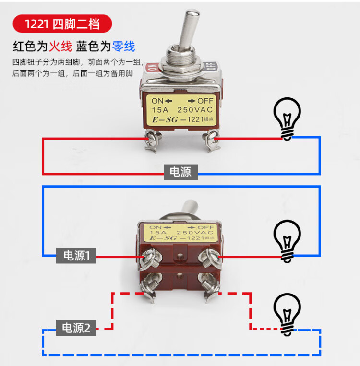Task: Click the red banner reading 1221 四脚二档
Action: point(62,23)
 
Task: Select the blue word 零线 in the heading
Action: point(123,47)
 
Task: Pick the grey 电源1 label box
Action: point(76,256)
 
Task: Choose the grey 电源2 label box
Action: point(76,328)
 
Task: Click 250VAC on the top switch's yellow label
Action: point(197,110)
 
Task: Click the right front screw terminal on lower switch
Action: point(210,256)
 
